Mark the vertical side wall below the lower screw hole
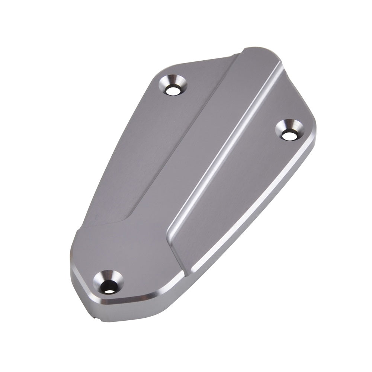point(112,311)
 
